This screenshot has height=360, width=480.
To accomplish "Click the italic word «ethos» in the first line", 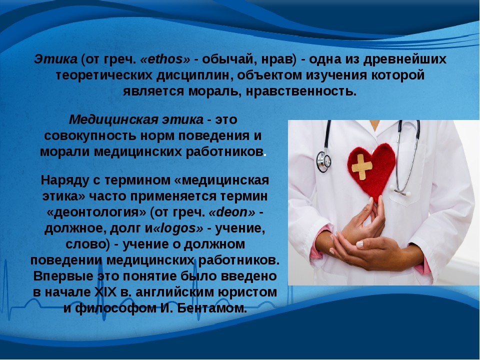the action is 165,59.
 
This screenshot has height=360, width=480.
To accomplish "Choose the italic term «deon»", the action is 231,212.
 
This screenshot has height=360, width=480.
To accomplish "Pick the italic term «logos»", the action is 177,228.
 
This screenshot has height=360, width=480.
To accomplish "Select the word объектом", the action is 269,75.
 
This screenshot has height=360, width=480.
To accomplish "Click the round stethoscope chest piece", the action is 323,161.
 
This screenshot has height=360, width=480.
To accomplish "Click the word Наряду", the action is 64,180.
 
